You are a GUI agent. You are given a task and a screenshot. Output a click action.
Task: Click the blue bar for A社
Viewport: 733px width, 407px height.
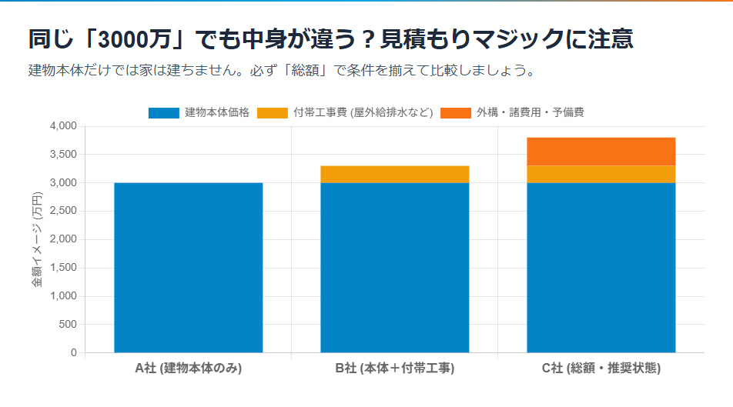188,267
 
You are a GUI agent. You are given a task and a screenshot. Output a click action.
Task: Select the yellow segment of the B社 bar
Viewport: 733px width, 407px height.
394,174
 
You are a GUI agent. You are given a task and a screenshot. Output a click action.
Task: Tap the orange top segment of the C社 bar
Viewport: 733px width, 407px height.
601,152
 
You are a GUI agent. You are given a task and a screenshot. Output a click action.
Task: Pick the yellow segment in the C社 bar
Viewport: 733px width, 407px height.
601,174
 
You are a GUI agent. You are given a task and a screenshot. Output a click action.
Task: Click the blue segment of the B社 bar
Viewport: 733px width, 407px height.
394,267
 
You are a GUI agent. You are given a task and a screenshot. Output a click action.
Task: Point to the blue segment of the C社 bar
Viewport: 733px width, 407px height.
601,267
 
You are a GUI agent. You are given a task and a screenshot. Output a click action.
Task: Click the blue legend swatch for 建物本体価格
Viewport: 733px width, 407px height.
163,113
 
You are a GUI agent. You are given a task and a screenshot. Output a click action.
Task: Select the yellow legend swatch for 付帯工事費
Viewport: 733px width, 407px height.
272,113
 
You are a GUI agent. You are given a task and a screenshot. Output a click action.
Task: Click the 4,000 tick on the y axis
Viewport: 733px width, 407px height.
63,126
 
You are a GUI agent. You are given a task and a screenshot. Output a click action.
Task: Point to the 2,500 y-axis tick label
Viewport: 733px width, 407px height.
63,211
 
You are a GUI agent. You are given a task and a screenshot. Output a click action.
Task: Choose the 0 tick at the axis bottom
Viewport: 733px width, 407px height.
74,353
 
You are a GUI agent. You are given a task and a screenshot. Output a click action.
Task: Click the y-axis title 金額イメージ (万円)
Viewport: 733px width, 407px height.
37,239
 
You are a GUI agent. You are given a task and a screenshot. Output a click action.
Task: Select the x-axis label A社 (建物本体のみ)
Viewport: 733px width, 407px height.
188,369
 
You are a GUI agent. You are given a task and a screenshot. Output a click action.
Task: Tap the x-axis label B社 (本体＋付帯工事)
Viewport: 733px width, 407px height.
394,369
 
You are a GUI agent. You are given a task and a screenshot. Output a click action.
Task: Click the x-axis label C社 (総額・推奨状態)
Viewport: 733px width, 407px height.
601,369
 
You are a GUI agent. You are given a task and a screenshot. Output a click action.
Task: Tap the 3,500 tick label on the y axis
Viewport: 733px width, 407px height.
63,155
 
